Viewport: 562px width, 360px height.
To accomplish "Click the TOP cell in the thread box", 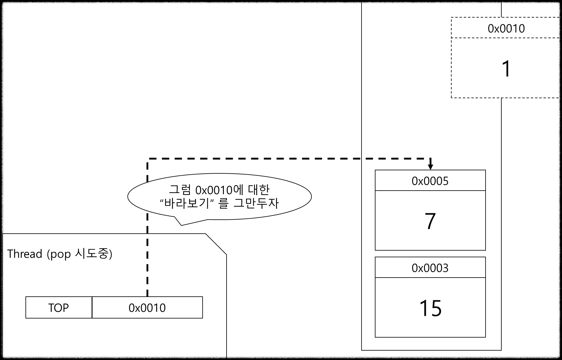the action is tap(59, 308).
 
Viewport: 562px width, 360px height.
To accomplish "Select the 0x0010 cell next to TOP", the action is tap(147, 308).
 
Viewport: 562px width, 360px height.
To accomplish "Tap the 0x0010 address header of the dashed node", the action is tap(506, 28).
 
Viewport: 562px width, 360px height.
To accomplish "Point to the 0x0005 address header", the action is tap(430, 181).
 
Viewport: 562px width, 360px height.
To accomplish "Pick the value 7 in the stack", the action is tap(430, 221).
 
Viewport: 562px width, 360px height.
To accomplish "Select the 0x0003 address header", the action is tap(430, 268).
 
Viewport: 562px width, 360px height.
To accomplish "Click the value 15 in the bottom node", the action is tap(430, 308).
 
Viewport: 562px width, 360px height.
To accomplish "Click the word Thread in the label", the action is tap(25, 254).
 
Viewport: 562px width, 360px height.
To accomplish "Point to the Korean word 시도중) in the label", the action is tap(93, 254).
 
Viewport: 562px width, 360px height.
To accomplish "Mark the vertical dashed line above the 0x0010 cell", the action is tap(147, 267).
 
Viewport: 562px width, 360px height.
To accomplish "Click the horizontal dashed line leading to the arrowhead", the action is tap(394, 158).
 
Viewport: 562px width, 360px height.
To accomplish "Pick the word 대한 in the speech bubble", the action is tap(259, 190).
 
